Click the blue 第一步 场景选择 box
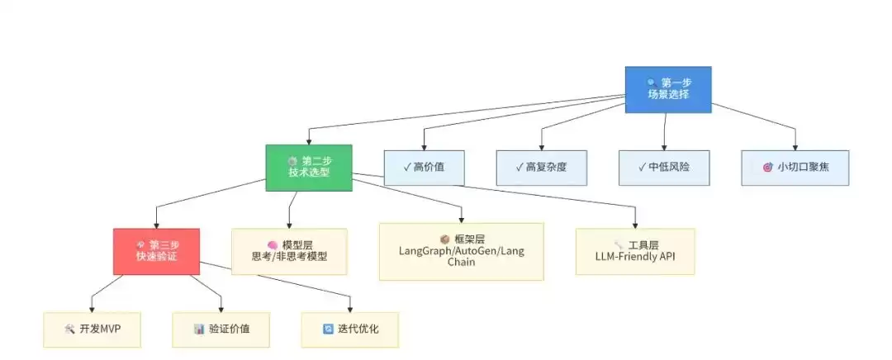667,89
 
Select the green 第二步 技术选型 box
309,167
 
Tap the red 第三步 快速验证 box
157,251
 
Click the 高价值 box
424,168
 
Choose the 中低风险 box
663,168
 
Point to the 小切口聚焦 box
795,168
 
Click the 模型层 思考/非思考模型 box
289,251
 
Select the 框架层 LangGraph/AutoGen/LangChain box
461,251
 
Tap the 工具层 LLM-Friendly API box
635,251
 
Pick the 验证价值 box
221,329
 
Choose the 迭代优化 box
349,329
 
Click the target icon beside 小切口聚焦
767,168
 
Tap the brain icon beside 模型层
272,245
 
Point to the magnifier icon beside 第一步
652,83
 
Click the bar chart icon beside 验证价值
199,329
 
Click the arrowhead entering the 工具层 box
635,225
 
